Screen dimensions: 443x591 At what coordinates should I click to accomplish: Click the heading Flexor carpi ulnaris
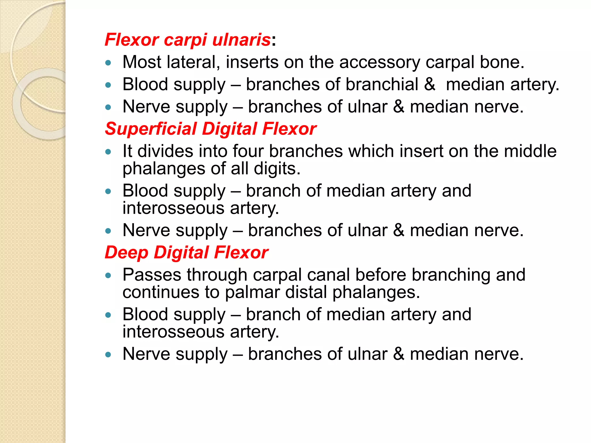188,40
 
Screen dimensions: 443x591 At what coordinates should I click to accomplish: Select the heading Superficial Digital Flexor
211,129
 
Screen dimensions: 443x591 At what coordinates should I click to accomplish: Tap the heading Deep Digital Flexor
186,252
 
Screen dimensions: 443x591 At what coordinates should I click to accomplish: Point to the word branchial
382,85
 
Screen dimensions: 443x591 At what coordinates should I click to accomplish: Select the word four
248,151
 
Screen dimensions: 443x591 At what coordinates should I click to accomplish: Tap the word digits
277,168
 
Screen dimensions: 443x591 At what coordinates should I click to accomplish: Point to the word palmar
252,292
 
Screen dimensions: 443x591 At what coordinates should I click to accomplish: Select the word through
217,275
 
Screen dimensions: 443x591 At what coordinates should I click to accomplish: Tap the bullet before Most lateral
108,63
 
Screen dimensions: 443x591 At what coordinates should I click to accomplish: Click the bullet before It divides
108,152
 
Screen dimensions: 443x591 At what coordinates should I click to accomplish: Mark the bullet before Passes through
108,275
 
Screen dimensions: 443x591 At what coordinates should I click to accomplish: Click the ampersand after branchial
430,85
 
